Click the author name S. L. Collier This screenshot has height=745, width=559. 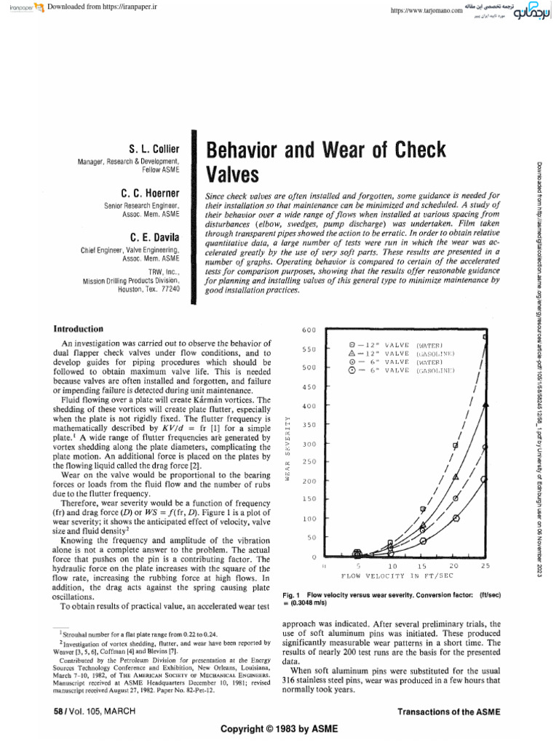(x=149, y=148)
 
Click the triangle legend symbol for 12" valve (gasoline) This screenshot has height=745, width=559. (x=352, y=352)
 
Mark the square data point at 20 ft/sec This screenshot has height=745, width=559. (x=456, y=445)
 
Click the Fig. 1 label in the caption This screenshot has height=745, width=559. (x=292, y=595)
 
